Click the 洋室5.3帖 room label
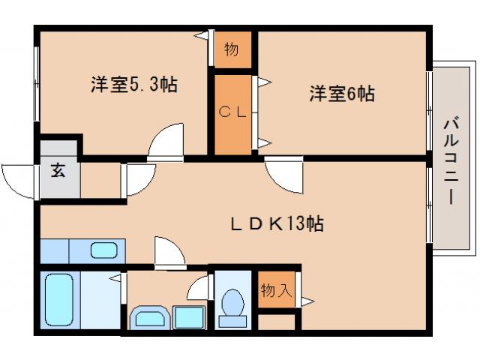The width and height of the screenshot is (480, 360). coord(134,85)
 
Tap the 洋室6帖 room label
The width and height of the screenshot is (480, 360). coord(341,94)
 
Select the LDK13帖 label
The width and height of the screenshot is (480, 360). coord(277,223)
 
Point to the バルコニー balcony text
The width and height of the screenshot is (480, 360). coord(450,160)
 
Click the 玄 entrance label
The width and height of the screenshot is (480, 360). coord(58,169)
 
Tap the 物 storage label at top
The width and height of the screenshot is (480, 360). coord(232,50)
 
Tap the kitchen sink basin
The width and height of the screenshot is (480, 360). coord(101,249)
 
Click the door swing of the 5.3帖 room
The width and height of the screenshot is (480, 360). coord(166,142)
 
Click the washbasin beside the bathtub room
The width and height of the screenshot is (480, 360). coord(150,317)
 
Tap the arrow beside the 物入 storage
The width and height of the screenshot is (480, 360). coord(307,301)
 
